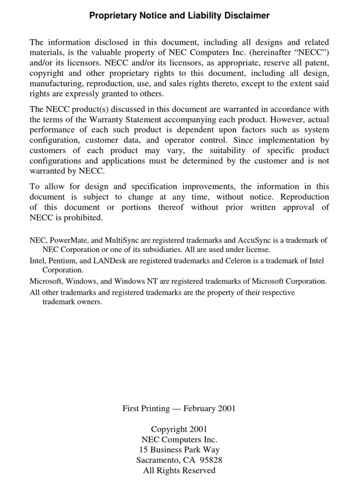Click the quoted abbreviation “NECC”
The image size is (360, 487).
[x=313, y=53]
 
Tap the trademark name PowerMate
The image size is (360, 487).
[x=70, y=240]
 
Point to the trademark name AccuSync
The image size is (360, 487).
[x=261, y=240]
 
